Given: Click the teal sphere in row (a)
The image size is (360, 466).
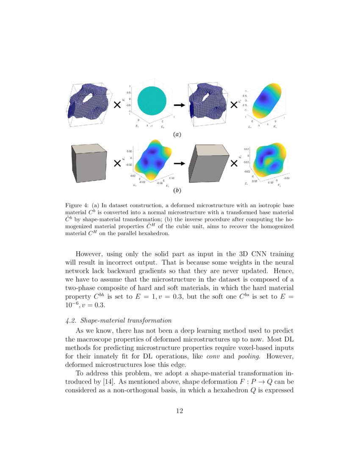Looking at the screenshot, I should [x=149, y=100].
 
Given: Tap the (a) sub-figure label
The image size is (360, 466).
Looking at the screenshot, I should [x=177, y=134].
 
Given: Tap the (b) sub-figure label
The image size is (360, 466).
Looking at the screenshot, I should [x=177, y=191].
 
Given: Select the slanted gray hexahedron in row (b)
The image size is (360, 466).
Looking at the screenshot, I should [x=208, y=163].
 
